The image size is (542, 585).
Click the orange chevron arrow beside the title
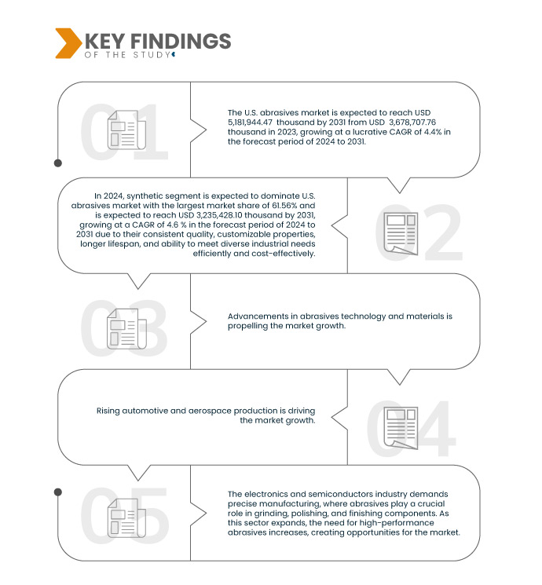point(68,43)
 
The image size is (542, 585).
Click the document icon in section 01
point(123,130)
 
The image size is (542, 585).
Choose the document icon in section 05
point(123,518)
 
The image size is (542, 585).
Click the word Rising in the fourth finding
point(111,410)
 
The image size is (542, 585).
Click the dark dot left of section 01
point(57,163)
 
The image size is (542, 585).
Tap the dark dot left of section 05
point(57,492)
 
